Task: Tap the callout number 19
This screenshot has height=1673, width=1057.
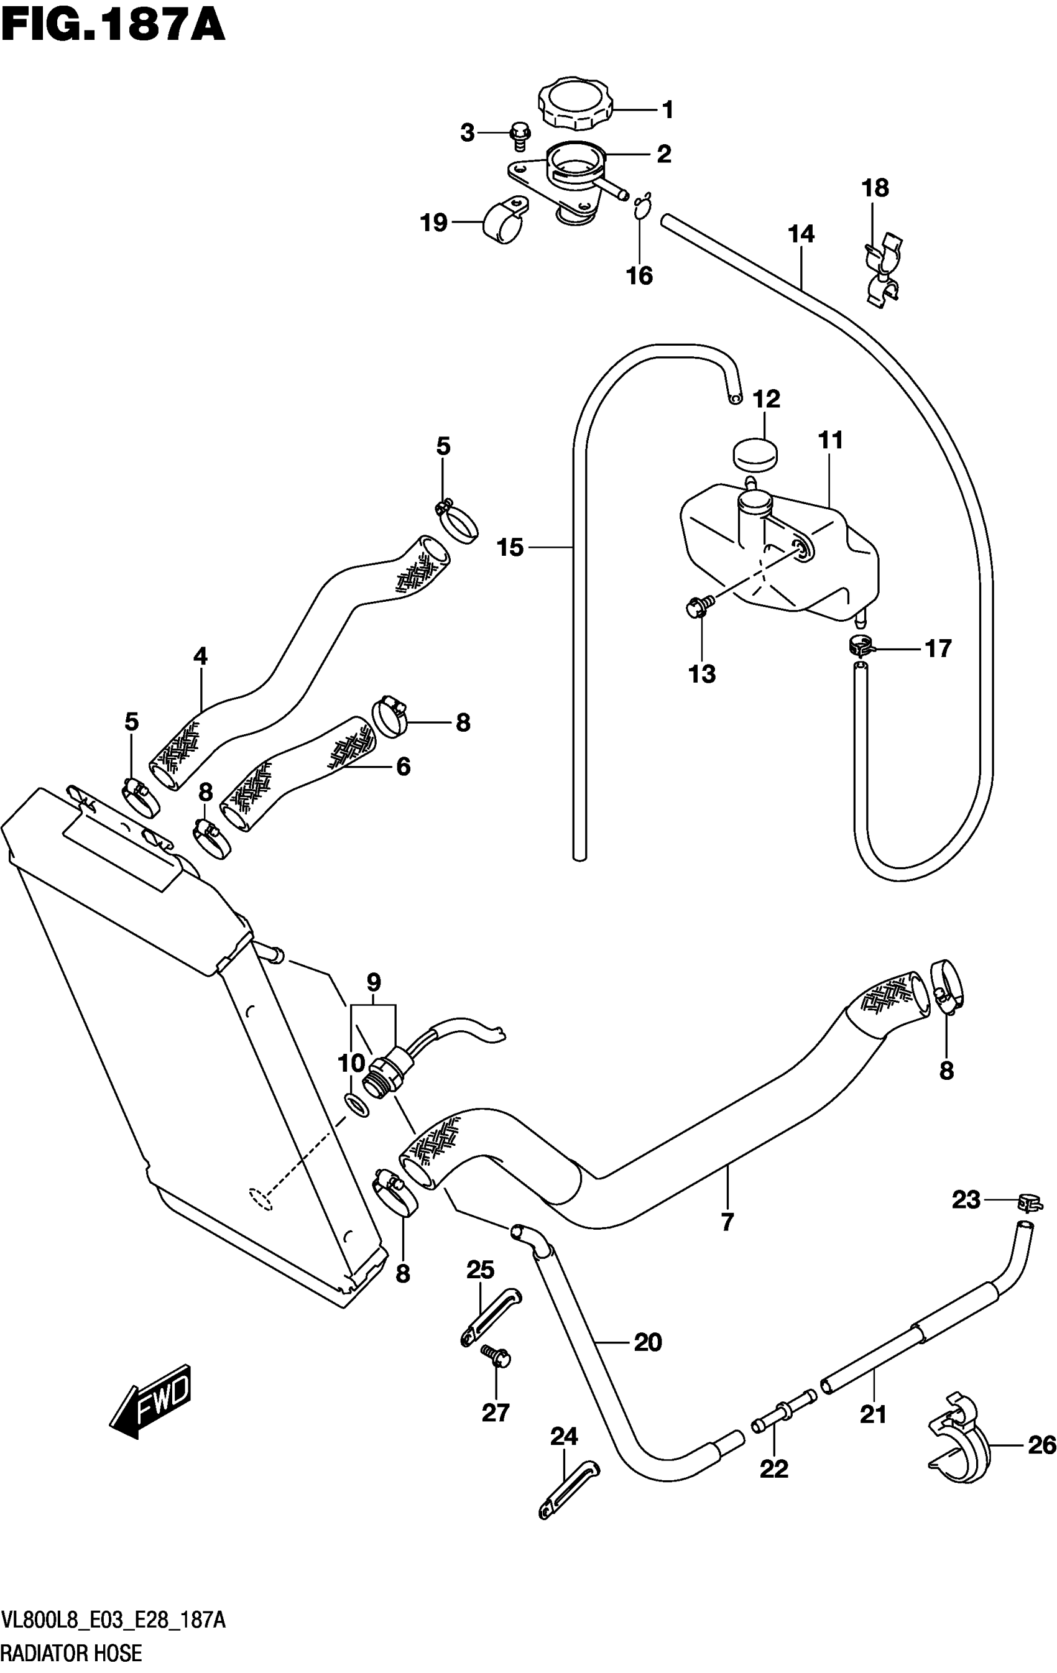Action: tap(433, 223)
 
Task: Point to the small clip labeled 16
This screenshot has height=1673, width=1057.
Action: tap(642, 206)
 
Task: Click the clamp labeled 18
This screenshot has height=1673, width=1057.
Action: tap(882, 271)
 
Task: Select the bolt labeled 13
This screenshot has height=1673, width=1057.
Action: tap(697, 607)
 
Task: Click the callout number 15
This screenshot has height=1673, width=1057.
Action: tap(510, 548)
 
